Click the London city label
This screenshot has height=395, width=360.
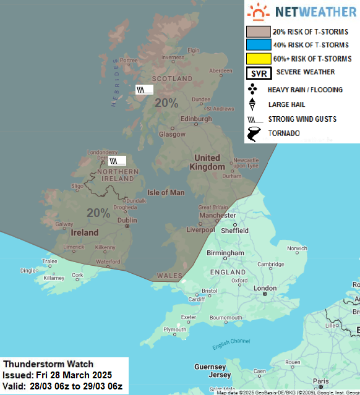(x=265, y=288)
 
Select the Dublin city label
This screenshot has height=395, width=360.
(x=127, y=219)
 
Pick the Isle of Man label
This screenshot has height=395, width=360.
(x=165, y=192)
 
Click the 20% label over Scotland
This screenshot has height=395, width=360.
(x=166, y=103)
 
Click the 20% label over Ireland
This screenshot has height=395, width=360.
(x=98, y=213)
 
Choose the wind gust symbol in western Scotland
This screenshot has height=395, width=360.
(x=144, y=90)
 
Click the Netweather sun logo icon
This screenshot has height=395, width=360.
(x=258, y=12)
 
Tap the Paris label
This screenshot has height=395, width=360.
(x=320, y=381)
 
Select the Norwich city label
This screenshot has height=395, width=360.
(x=296, y=248)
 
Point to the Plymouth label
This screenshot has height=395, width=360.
(x=174, y=329)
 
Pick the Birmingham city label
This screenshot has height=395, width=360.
(x=225, y=253)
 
